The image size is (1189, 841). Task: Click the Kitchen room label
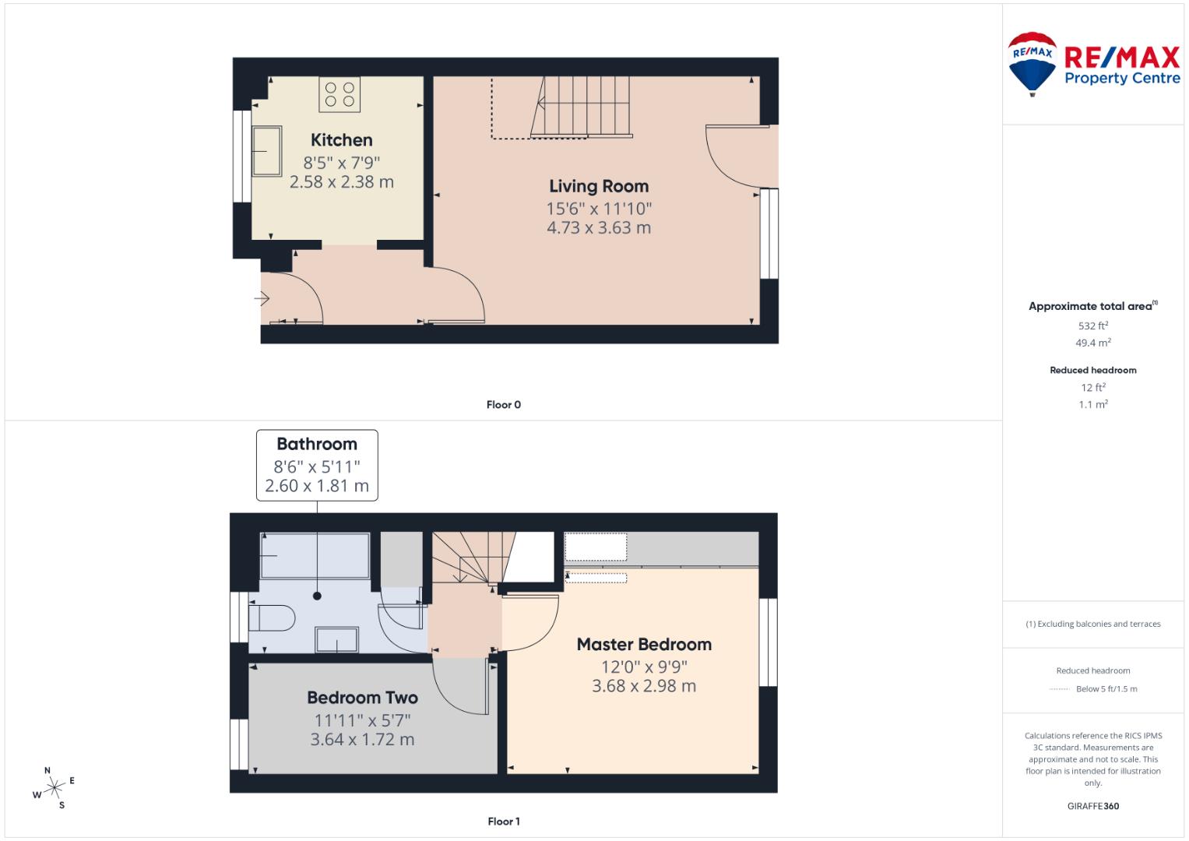[x=341, y=140]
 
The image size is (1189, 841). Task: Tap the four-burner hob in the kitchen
[x=339, y=94]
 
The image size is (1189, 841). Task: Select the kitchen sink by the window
[x=267, y=151]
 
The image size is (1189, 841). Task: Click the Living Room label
[x=598, y=186]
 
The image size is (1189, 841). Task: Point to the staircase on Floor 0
[x=580, y=107]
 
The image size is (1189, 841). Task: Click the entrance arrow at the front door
[x=262, y=298]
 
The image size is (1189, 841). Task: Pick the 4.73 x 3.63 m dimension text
[x=598, y=228]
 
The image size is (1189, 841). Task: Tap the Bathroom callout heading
[x=317, y=445]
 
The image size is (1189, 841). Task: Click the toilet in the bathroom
[x=272, y=619]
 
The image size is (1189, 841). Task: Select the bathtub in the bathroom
[x=315, y=555]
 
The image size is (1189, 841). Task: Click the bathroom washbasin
[x=336, y=640]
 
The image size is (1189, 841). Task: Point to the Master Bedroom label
[x=644, y=645]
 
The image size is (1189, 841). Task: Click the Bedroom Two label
[x=362, y=698]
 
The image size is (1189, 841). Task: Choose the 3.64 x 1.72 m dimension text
[x=362, y=740]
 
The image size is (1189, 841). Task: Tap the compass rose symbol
[x=54, y=789]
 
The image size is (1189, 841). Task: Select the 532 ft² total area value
[x=1092, y=326]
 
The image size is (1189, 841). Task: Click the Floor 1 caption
[x=504, y=822]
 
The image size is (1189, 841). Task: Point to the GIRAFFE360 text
[x=1092, y=806]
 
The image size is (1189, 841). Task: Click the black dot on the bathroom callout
[x=317, y=596]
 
